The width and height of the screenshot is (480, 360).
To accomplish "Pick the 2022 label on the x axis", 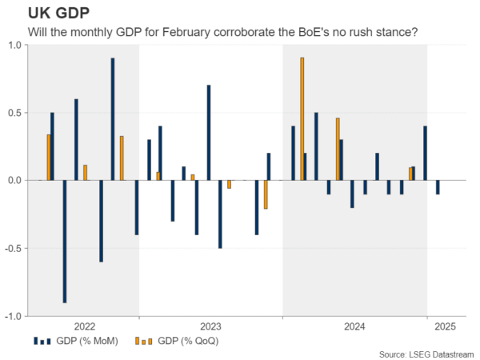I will coord(84,326).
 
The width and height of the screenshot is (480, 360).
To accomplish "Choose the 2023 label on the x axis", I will coord(210,326).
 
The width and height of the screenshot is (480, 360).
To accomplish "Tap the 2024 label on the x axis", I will coord(354,326).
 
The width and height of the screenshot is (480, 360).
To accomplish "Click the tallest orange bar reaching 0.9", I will coord(302,119).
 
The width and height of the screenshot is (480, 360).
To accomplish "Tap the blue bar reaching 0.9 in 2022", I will coord(113,119).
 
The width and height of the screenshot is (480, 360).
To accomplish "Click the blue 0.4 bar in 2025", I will coord(425,153).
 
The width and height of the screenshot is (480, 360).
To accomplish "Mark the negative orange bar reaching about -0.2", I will coord(265,194).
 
